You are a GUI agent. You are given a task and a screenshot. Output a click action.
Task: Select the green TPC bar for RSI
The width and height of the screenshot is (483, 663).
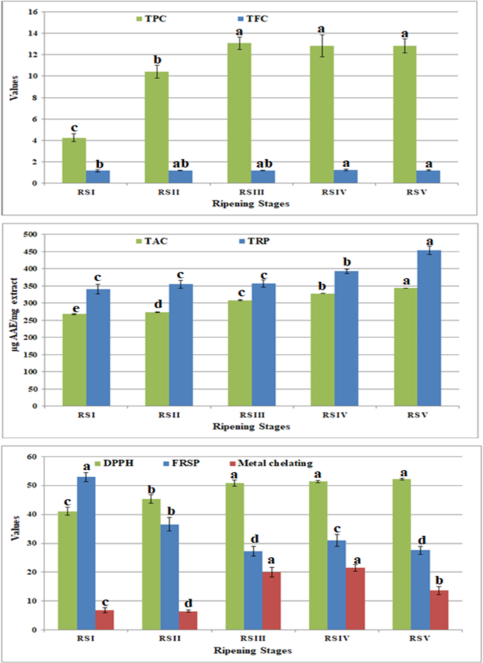pos(74,160)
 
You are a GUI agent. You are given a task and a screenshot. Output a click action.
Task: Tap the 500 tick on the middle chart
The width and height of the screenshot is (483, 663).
pos(30,235)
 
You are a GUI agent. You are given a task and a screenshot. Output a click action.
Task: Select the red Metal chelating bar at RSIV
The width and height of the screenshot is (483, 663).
pos(354,598)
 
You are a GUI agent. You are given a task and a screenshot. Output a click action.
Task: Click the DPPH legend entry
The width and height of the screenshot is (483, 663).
pos(140,463)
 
